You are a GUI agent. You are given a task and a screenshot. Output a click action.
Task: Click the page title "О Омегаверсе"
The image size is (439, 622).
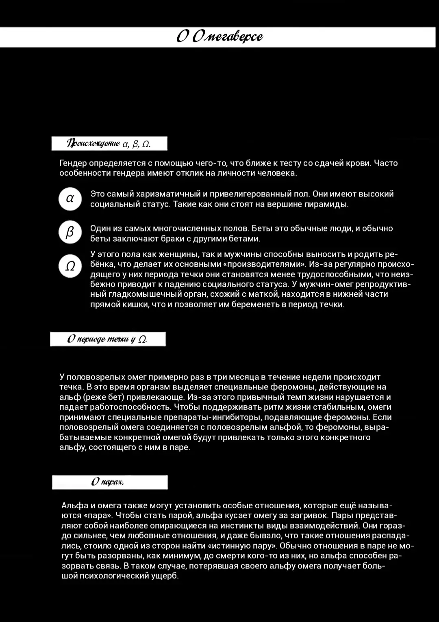[x=219, y=37]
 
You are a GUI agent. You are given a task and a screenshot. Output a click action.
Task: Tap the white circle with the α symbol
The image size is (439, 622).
[x=70, y=199]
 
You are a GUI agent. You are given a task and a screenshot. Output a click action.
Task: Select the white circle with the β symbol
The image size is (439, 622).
[x=70, y=232]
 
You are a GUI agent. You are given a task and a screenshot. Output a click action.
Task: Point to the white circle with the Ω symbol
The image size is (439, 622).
[x=70, y=266]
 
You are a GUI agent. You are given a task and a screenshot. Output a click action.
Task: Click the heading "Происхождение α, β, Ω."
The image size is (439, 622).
[x=109, y=144]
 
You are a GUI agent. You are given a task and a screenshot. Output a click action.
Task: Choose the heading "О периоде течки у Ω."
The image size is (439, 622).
[x=108, y=339]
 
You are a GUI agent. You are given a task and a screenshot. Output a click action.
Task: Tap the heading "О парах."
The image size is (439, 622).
[x=108, y=482]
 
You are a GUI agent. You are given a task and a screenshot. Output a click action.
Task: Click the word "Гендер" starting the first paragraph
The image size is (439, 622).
[x=73, y=163]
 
